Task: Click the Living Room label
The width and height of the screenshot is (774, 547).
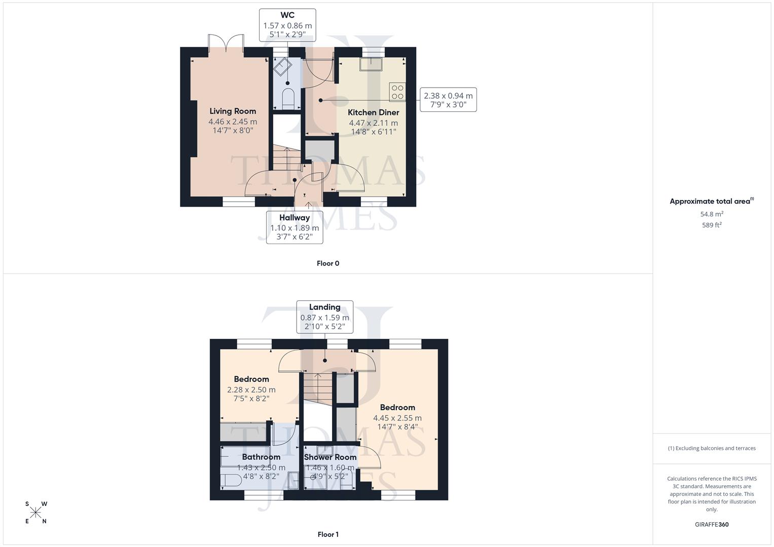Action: pyautogui.click(x=233, y=111)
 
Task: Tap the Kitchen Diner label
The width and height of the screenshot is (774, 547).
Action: pyautogui.click(x=373, y=112)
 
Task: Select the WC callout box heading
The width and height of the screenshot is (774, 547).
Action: pyautogui.click(x=287, y=15)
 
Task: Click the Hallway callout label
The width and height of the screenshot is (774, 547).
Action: pyautogui.click(x=294, y=218)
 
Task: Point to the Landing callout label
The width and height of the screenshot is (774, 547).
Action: pyautogui.click(x=324, y=307)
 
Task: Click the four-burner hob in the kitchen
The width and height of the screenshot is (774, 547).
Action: pyautogui.click(x=397, y=92)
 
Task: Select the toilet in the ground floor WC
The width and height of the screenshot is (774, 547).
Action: pyautogui.click(x=288, y=98)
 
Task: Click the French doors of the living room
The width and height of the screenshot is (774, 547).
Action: pyautogui.click(x=226, y=44)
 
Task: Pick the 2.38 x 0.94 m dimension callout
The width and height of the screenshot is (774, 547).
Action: pyautogui.click(x=448, y=100)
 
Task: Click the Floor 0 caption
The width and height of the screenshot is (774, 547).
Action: pyautogui.click(x=328, y=263)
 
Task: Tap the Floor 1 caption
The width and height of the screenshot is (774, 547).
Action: pyautogui.click(x=328, y=534)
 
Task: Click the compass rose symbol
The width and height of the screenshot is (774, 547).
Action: pyautogui.click(x=35, y=513)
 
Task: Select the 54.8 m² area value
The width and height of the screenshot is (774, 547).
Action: pyautogui.click(x=712, y=214)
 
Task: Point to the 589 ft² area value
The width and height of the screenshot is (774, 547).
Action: pyautogui.click(x=712, y=225)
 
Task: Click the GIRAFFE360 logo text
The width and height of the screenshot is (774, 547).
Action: pyautogui.click(x=712, y=525)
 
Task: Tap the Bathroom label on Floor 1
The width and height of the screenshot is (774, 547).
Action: pyautogui.click(x=261, y=457)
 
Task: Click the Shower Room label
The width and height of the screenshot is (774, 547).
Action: pyautogui.click(x=330, y=457)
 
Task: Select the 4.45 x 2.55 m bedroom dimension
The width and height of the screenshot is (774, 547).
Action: pyautogui.click(x=397, y=418)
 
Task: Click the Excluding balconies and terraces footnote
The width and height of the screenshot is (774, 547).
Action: pyautogui.click(x=712, y=448)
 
